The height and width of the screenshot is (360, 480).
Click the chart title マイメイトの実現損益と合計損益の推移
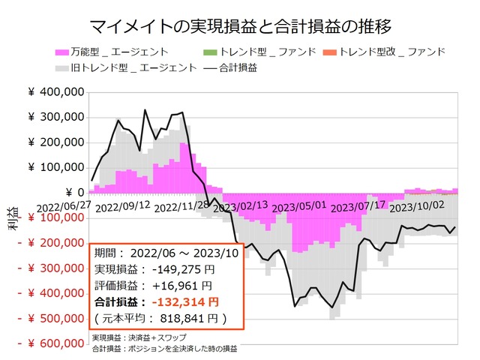click(240, 28)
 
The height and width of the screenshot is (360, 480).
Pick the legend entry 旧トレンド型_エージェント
click(130, 67)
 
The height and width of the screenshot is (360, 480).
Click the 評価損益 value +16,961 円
click(181, 285)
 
